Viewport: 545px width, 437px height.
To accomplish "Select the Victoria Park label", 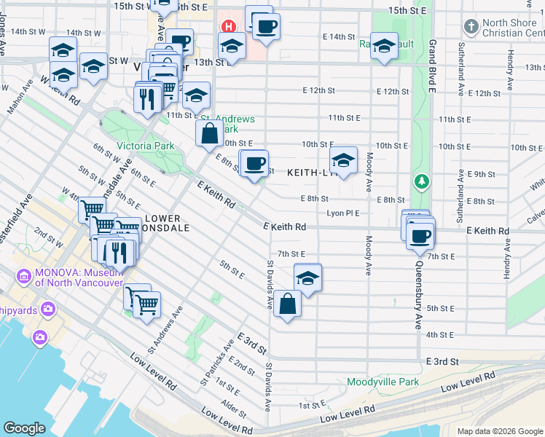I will click(149, 146).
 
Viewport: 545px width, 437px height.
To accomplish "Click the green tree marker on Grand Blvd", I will click(420, 180).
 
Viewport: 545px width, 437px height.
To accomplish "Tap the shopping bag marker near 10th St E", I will click(209, 133).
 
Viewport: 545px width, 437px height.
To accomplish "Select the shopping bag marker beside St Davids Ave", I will click(288, 304).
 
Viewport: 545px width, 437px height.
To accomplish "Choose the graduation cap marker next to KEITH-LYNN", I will click(343, 160).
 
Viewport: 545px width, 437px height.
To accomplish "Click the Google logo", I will click(24, 428).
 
